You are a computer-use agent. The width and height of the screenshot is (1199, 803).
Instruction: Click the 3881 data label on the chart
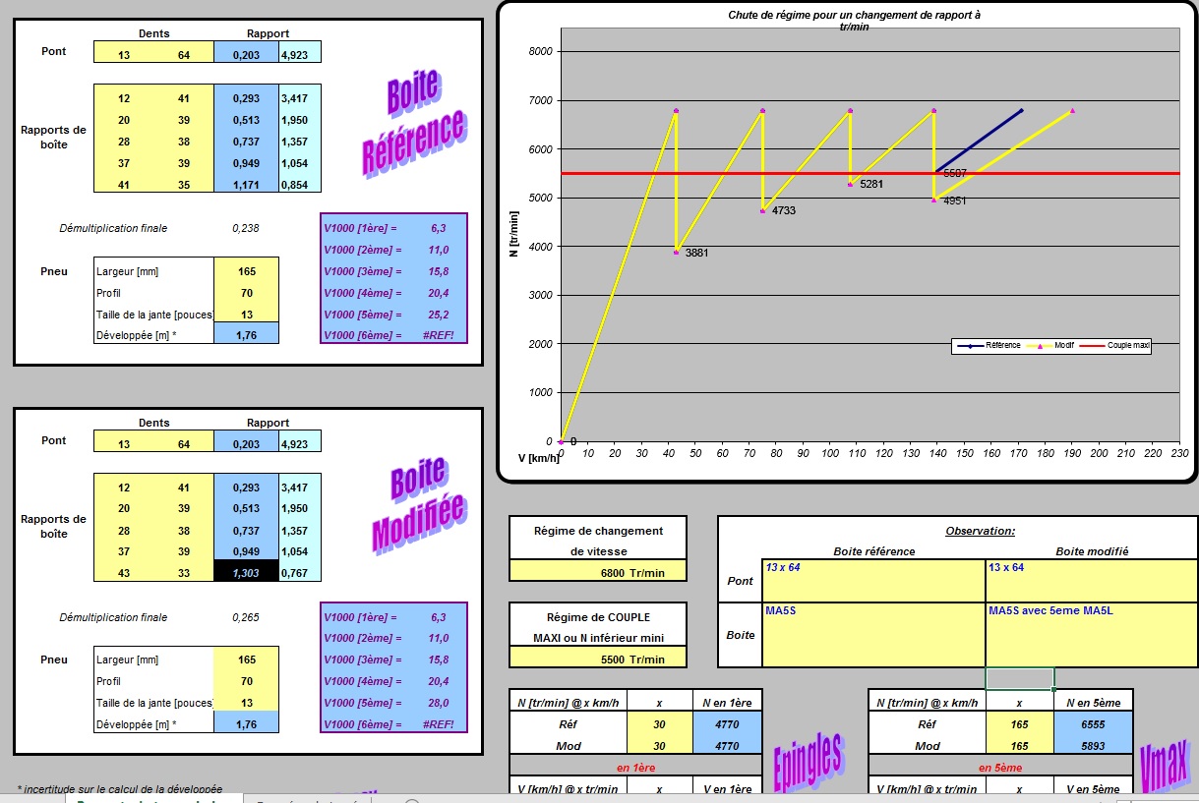tap(697, 254)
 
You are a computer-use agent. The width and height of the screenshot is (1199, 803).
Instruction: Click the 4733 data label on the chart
tap(784, 210)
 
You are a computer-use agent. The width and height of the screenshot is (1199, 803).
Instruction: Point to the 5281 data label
tap(871, 184)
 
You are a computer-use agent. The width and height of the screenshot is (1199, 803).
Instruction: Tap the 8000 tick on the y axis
tap(540, 52)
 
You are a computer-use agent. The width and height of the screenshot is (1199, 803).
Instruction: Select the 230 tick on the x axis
tap(1179, 453)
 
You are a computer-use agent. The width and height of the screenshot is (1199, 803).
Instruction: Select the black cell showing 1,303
tap(246, 572)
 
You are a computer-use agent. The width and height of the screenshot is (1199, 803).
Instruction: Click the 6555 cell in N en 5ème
tap(1094, 723)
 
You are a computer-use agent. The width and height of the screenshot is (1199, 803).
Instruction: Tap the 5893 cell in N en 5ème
tap(1094, 745)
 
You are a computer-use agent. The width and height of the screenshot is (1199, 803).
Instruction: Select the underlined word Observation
tap(980, 531)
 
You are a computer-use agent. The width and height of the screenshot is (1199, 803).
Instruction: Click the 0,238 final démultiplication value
tap(246, 228)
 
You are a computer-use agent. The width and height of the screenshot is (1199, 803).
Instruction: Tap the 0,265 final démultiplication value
tap(246, 617)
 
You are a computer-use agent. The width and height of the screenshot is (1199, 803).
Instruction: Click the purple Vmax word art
tap(1163, 763)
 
